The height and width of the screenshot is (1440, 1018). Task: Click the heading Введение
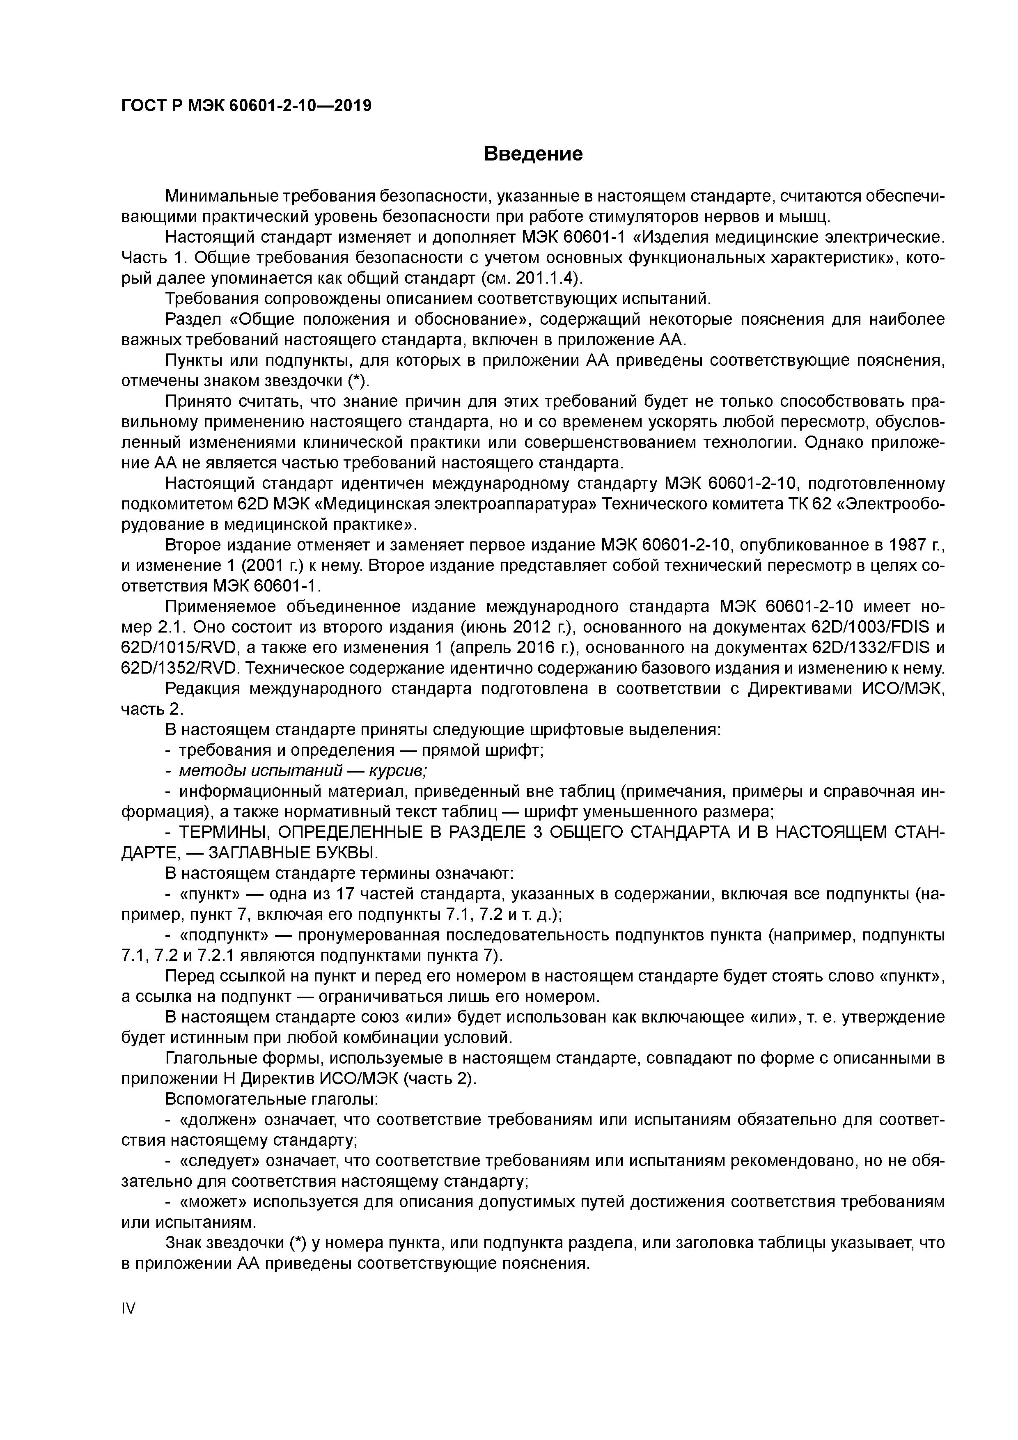[x=533, y=154]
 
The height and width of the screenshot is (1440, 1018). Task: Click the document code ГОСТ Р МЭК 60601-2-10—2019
[x=246, y=106]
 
